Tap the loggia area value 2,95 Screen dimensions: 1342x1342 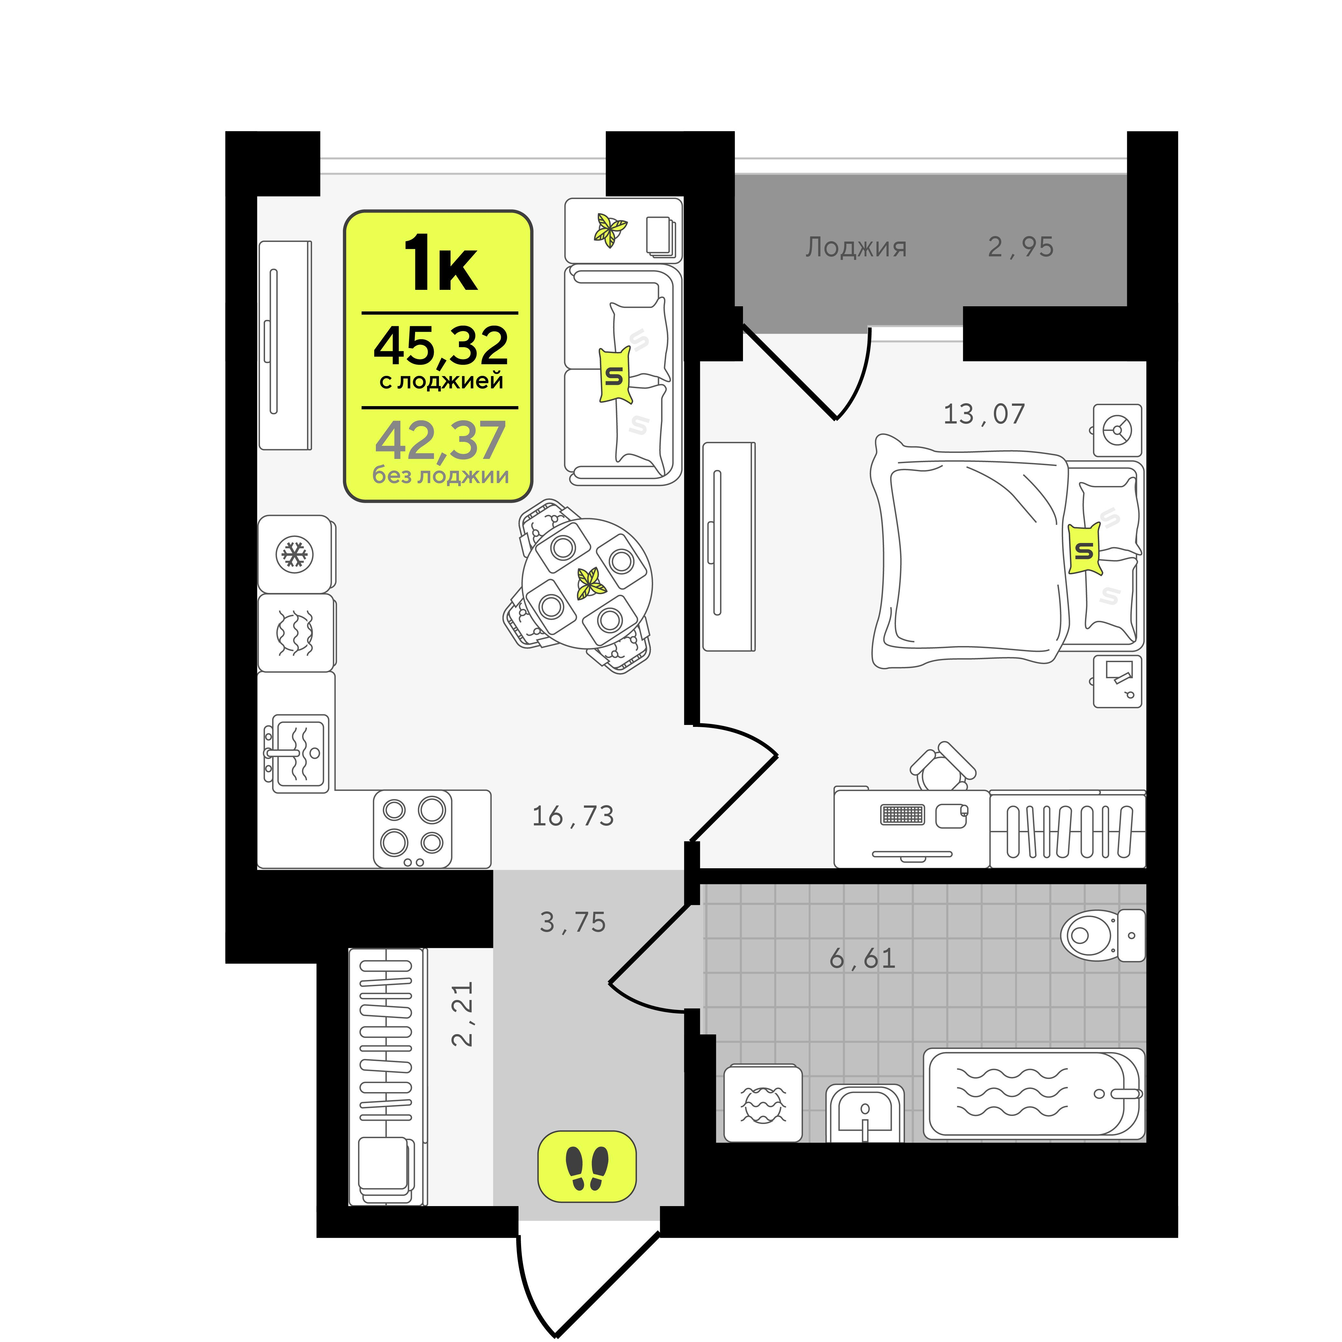(1020, 247)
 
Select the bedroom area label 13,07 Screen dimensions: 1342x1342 (984, 414)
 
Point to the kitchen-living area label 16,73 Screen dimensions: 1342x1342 (573, 816)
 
